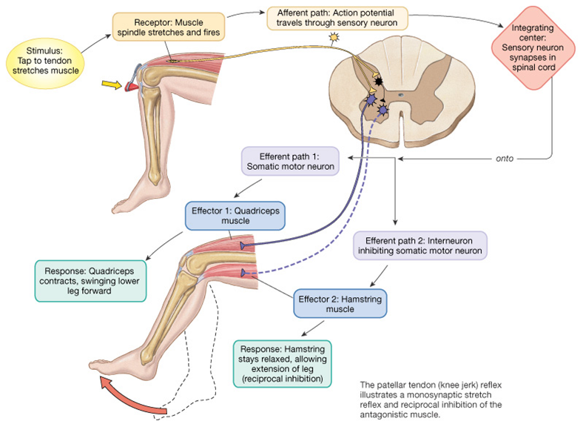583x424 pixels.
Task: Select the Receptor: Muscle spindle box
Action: tap(169, 27)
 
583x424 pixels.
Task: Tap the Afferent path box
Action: tap(337, 18)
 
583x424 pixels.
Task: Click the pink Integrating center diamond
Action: tap(533, 47)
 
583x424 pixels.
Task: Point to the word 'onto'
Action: tap(504, 159)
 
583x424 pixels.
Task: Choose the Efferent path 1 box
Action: tap(290, 162)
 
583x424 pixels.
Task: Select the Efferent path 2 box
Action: tap(419, 245)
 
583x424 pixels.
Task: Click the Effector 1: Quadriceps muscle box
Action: tap(235, 216)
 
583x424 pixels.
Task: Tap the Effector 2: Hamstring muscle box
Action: tap(340, 304)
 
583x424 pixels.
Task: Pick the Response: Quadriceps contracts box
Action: tap(90, 281)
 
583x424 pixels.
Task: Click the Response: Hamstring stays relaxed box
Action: tap(282, 364)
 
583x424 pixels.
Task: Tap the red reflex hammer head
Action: tap(131, 87)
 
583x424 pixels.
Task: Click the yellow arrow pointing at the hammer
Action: tap(112, 85)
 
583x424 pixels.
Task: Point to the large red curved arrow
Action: tap(127, 399)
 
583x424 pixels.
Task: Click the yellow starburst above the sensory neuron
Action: tap(334, 37)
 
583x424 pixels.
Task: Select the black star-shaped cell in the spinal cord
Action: tap(378, 81)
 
